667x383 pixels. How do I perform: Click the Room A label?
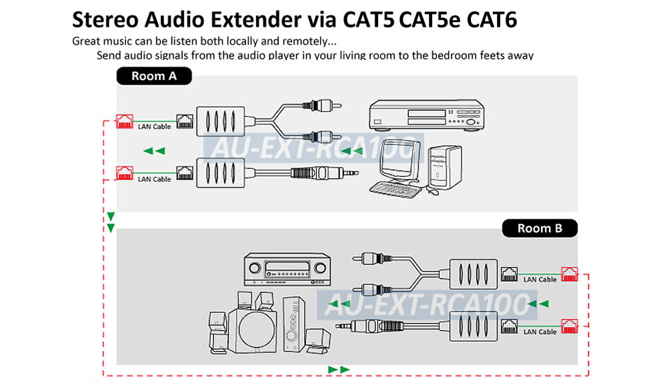[154, 76]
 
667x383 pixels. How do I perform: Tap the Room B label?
[540, 228]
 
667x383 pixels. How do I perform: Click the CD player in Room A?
[426, 115]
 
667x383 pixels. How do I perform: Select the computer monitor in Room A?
[398, 159]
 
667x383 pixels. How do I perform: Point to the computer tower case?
[445, 167]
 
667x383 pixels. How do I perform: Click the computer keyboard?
[395, 189]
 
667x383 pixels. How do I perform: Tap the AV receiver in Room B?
[287, 270]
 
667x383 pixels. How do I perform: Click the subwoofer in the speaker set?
[253, 330]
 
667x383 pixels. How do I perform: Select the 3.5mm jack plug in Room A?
[325, 173]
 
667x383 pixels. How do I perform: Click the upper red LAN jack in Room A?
[125, 121]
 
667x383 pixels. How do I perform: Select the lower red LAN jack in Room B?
[570, 326]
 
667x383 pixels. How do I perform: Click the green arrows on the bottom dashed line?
[339, 370]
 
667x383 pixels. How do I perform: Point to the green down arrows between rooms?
[111, 222]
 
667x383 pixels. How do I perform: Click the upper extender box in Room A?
[220, 121]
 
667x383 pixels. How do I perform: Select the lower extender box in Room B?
[474, 326]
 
